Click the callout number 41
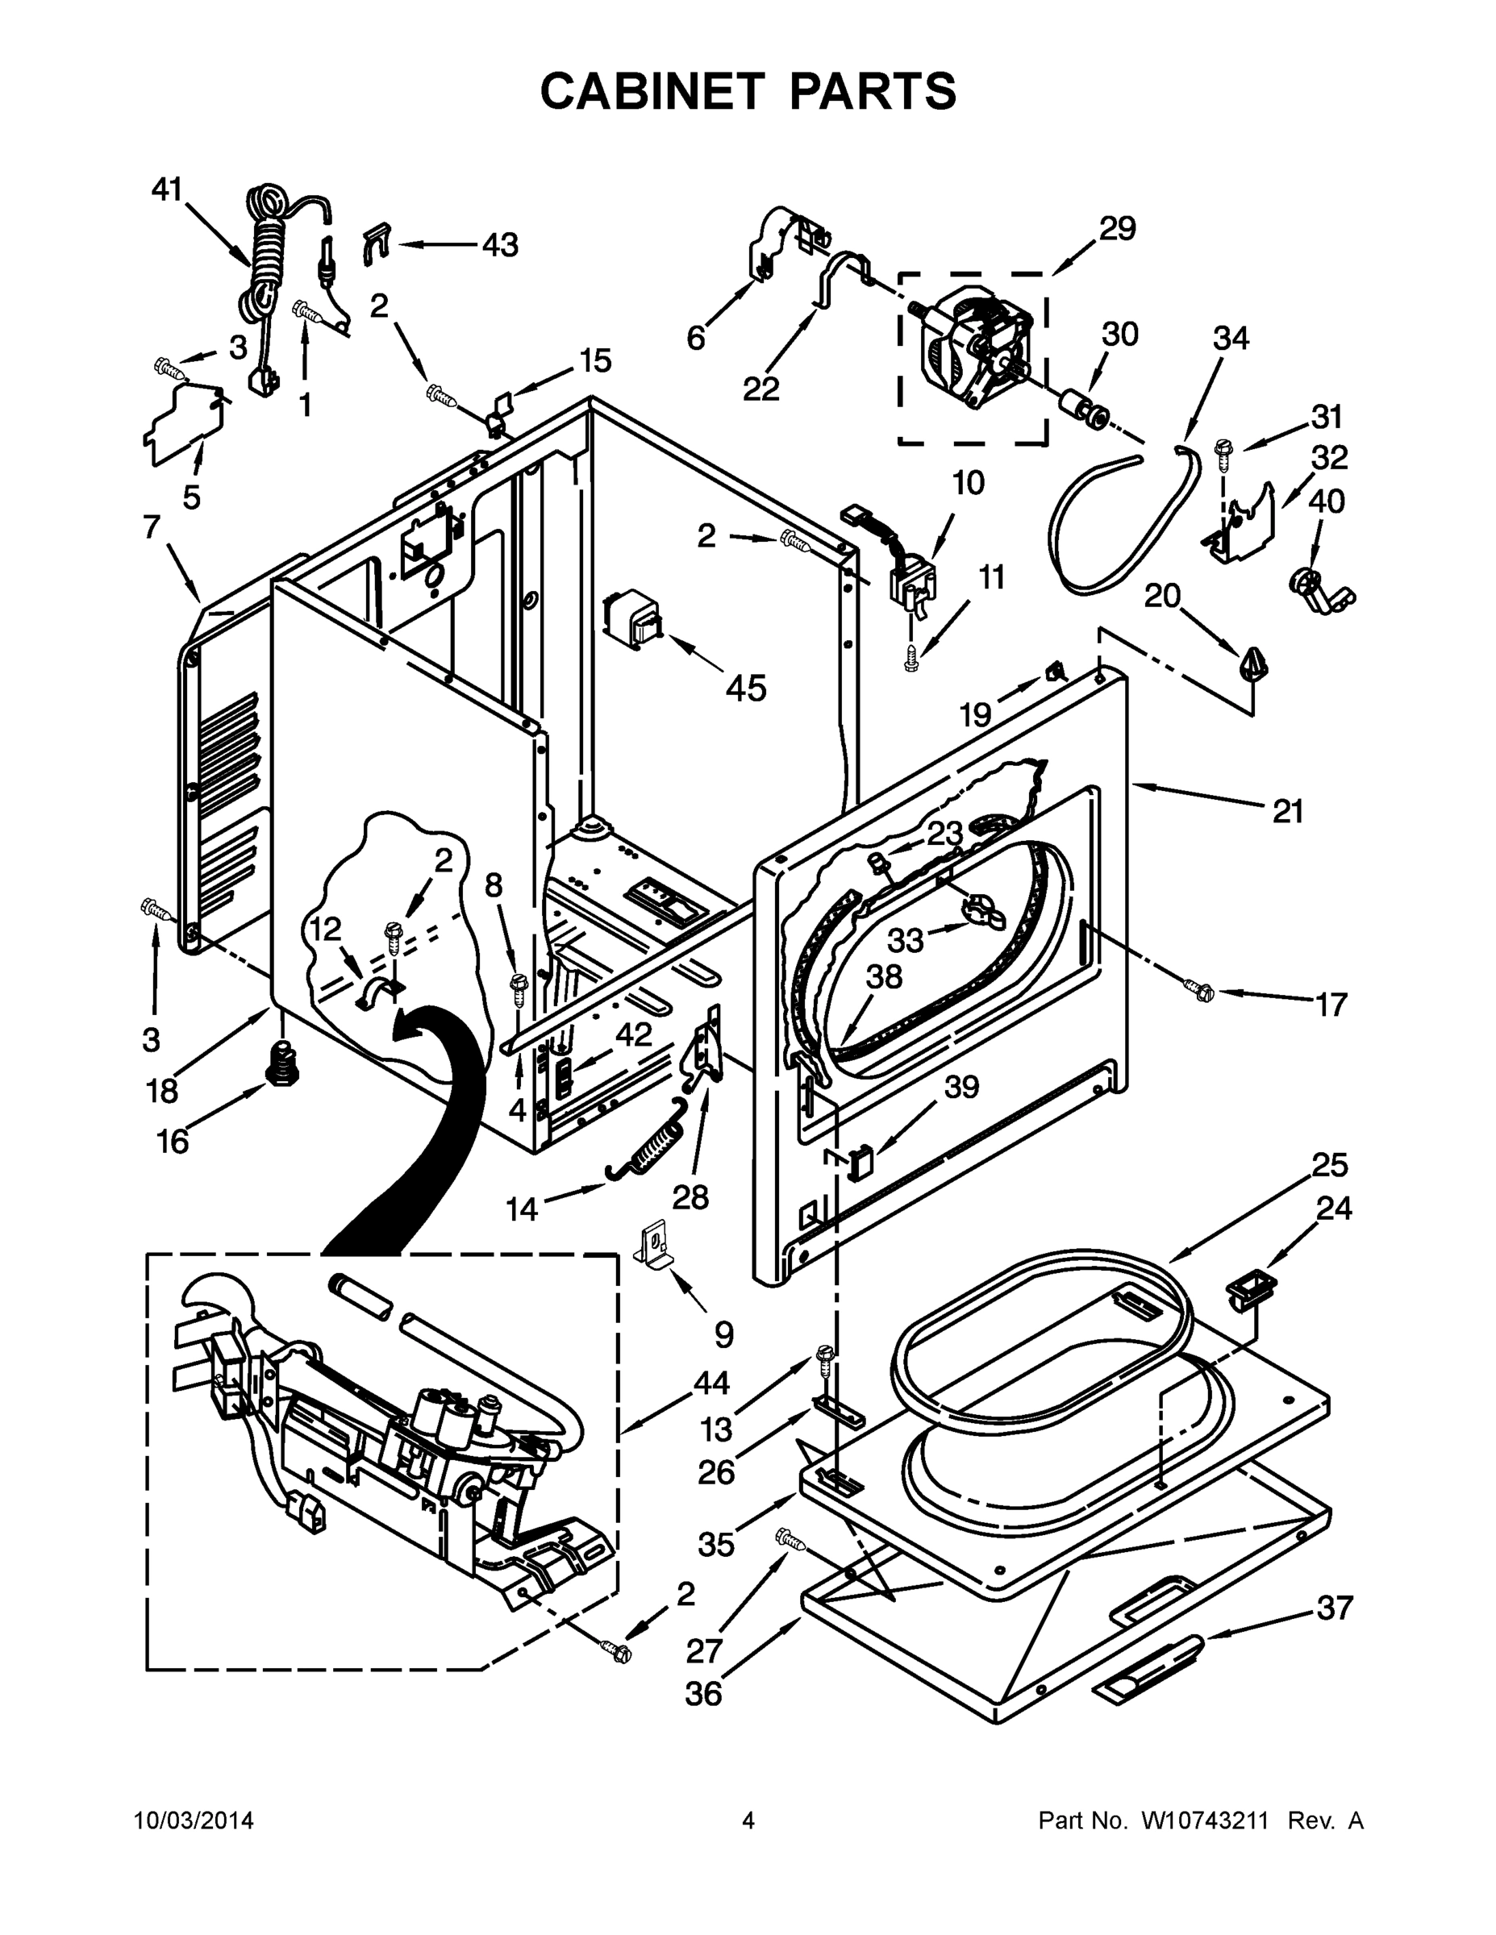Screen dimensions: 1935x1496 [166, 189]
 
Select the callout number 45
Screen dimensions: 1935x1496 [746, 688]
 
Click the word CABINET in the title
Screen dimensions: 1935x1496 [652, 91]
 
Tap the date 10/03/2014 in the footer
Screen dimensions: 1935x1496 [194, 1821]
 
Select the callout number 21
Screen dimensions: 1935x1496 [1287, 810]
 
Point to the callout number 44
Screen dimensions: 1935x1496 [711, 1382]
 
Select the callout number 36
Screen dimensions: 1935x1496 [704, 1693]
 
